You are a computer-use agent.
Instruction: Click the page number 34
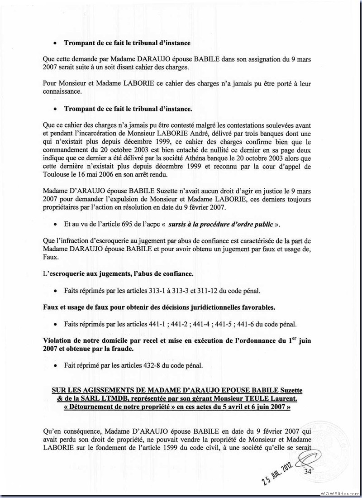click(309, 471)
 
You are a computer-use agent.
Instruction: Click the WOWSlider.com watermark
click(339, 493)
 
